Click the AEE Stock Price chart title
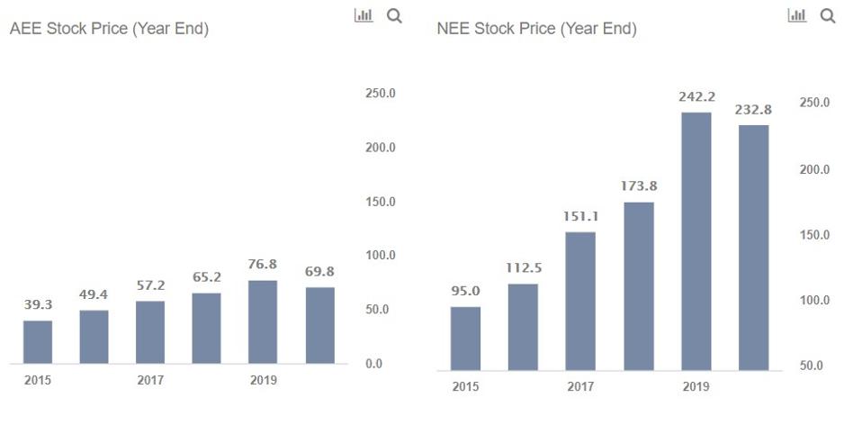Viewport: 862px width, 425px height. click(109, 29)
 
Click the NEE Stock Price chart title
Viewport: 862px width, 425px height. click(537, 29)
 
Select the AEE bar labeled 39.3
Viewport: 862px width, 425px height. click(38, 342)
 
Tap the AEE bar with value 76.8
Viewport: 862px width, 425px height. click(263, 322)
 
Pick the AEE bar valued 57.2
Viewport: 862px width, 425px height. click(150, 332)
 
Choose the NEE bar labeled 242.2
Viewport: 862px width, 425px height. click(696, 241)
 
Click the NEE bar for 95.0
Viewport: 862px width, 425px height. click(465, 339)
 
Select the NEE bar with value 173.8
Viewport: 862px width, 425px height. click(638, 286)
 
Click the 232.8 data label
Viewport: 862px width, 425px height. click(753, 109)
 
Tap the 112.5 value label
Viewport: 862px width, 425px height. click(523, 267)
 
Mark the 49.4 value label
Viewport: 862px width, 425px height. click(94, 294)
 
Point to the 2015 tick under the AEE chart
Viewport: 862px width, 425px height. click(38, 380)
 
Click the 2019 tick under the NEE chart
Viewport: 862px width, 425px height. click(696, 386)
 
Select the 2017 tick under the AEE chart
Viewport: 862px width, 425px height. click(150, 380)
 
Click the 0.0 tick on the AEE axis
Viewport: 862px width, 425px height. click(374, 364)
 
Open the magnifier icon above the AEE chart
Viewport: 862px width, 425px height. click(394, 15)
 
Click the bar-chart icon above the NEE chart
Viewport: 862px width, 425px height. click(796, 15)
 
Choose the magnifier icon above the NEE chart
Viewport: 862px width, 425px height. click(828, 15)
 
